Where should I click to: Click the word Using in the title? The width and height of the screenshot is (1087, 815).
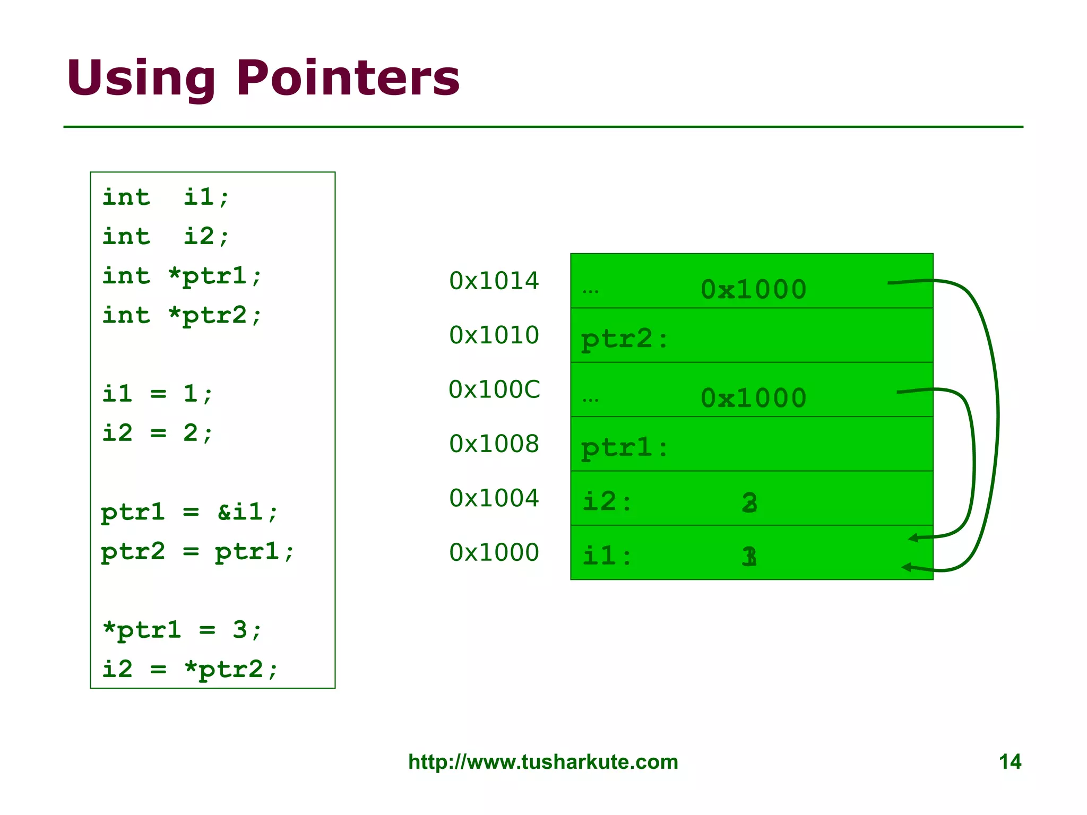click(x=141, y=80)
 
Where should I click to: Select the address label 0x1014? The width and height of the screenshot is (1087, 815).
click(x=494, y=281)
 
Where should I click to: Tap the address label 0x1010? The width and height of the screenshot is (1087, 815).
click(x=494, y=335)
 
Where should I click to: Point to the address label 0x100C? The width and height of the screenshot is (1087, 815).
click(x=494, y=389)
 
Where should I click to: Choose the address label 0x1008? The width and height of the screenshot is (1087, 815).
click(x=494, y=444)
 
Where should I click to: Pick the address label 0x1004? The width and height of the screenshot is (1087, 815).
click(x=494, y=498)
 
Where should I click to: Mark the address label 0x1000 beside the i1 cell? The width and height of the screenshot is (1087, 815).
click(x=494, y=553)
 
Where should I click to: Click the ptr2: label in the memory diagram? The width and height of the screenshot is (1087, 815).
click(x=624, y=340)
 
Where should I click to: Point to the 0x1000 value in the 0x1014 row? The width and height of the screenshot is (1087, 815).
click(x=753, y=290)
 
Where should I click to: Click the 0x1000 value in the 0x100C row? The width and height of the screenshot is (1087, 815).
click(x=753, y=398)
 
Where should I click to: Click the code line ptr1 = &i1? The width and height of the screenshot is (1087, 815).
click(x=189, y=513)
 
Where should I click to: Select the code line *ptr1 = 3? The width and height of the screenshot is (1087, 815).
click(x=182, y=630)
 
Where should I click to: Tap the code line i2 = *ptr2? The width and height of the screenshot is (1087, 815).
click(x=189, y=670)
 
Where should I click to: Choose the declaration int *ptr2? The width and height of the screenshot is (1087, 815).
click(x=182, y=316)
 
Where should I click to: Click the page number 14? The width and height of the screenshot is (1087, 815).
click(x=1010, y=762)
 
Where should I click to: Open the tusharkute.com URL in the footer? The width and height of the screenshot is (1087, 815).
click(x=543, y=762)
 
